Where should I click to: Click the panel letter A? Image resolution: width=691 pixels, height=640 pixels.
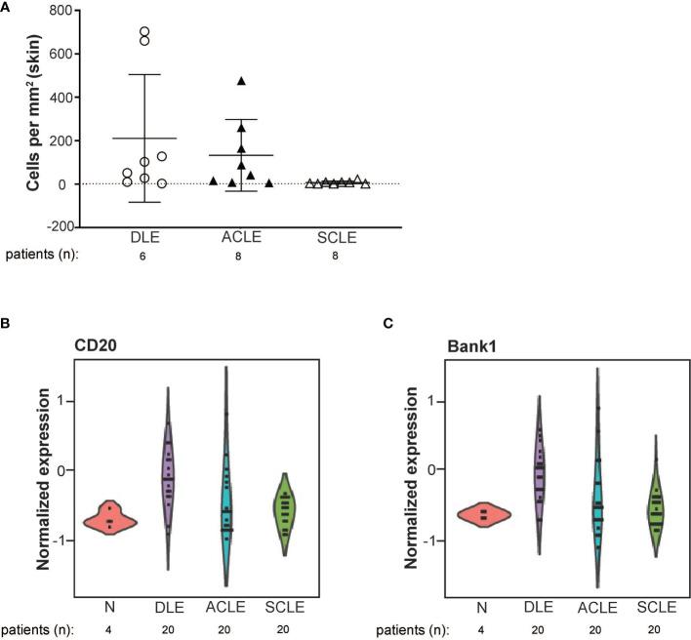pos(8,7)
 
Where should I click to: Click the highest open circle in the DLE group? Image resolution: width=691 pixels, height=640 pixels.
pos(144,31)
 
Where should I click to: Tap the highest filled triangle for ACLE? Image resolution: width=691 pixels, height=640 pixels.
pos(241,81)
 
